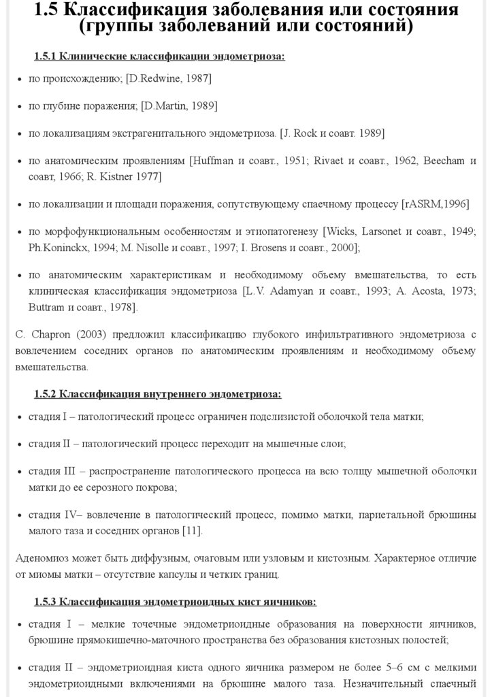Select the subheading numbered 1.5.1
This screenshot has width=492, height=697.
[159, 56]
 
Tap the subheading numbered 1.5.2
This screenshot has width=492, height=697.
[157, 394]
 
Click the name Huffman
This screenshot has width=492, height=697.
[214, 161]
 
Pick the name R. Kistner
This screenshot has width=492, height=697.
[110, 176]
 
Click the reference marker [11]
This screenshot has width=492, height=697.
[192, 530]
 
